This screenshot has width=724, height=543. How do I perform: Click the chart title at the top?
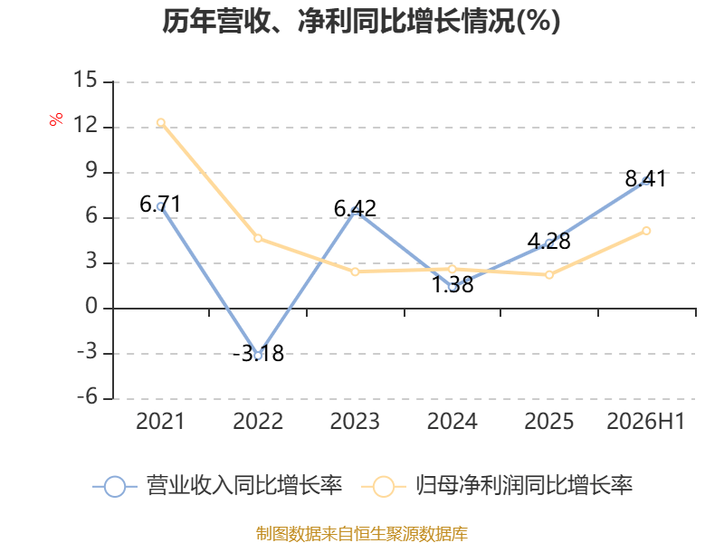[x=361, y=21]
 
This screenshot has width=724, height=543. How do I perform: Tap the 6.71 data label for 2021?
[x=160, y=205]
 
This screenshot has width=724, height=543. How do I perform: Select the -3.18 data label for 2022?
[x=258, y=354]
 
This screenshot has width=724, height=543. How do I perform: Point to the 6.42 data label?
[x=355, y=209]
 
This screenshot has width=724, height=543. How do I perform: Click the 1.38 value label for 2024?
[x=452, y=284]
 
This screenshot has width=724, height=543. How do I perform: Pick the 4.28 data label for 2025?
[x=549, y=241]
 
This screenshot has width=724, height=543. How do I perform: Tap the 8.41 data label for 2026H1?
[x=646, y=178]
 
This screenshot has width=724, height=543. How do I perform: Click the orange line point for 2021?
[x=161, y=122]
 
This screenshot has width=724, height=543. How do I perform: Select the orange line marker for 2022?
[x=258, y=238]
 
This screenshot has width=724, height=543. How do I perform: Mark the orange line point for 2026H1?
[x=646, y=231]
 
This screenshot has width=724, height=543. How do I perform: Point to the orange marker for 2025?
[x=549, y=275]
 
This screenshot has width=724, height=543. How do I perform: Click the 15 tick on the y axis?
[x=85, y=80]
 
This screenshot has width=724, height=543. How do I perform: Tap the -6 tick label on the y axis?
[x=87, y=396]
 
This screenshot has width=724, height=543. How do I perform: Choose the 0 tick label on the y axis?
[x=91, y=306]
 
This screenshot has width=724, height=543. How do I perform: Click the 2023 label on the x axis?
[x=355, y=421]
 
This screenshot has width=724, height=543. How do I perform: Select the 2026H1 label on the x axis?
[x=645, y=421]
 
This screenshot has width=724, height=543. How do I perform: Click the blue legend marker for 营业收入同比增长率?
[x=115, y=487]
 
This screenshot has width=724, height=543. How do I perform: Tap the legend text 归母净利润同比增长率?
[x=524, y=486]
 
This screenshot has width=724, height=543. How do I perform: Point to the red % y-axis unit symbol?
[x=56, y=119]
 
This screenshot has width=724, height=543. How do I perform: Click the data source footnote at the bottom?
[x=361, y=534]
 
